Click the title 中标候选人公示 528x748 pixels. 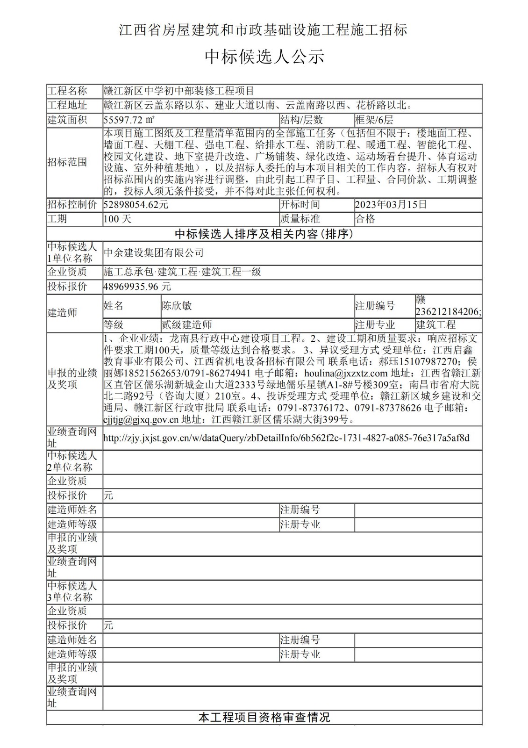264,57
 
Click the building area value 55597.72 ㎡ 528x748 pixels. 129,120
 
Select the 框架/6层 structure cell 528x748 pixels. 374,120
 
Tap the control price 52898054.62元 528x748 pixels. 136,204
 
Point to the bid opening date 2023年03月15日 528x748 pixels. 391,204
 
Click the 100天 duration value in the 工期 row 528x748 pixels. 117,219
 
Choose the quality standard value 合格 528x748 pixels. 365,219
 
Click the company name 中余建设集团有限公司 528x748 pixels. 154,253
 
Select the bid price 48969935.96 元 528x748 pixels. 137,287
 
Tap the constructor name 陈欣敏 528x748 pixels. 177,306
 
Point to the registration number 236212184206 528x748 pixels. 447,312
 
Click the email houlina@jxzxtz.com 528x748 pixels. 346,373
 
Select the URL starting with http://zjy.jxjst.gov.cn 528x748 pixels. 286,438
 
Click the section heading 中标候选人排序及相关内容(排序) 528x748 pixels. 264,234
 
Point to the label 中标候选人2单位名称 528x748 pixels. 72,461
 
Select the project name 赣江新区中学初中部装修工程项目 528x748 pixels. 178,91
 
